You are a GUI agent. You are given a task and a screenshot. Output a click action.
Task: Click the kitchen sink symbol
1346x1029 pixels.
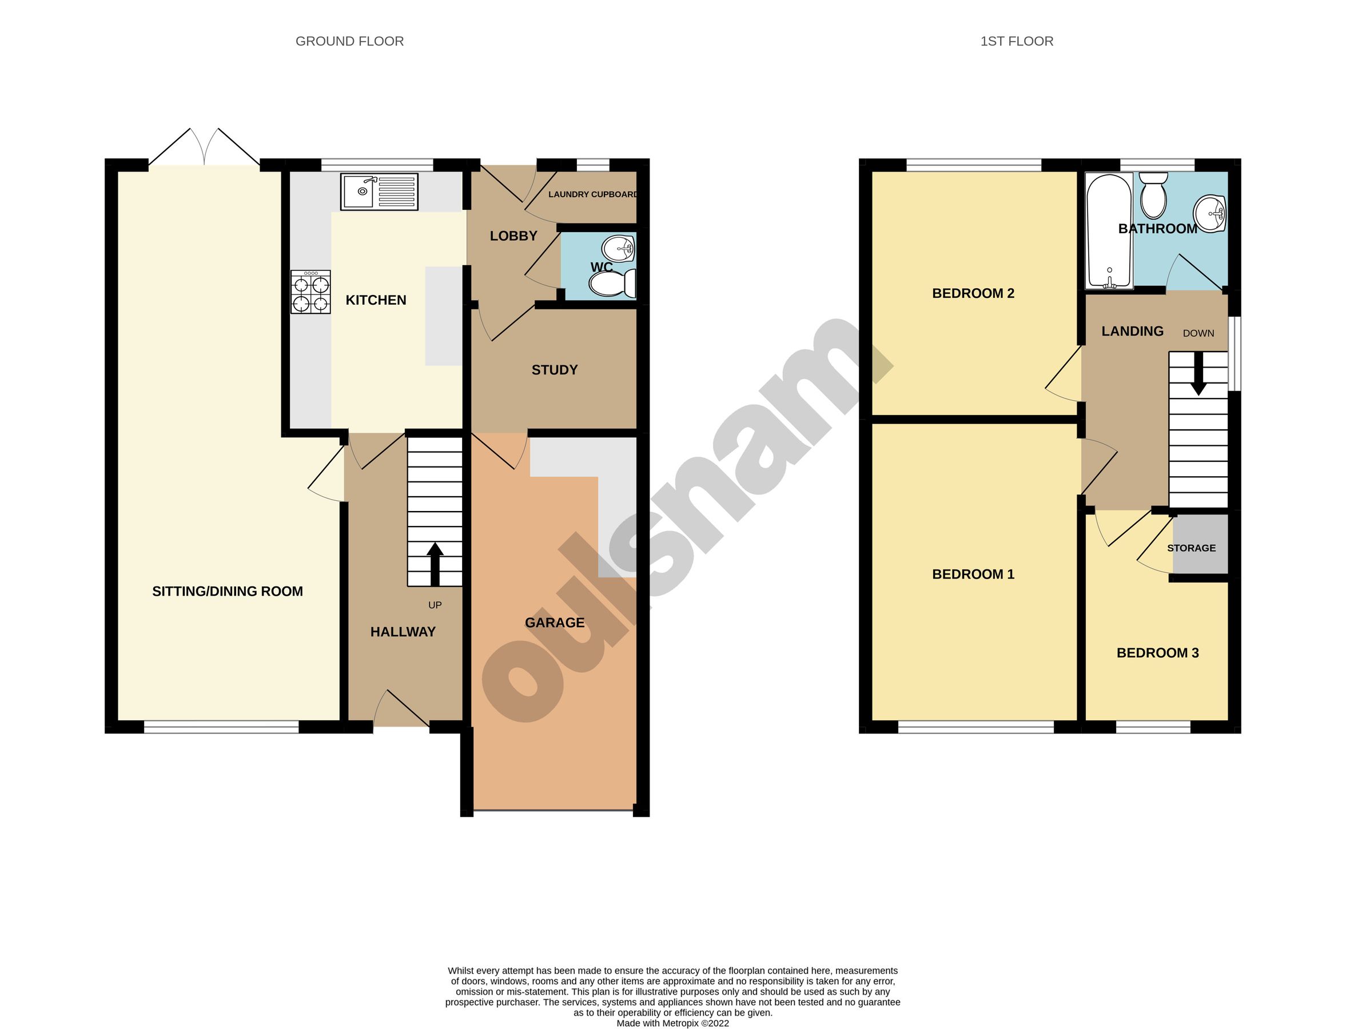point(380,191)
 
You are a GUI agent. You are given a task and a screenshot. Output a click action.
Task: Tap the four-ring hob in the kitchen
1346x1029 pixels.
point(310,293)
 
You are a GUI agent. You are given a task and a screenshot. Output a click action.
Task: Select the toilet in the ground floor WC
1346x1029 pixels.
point(611,284)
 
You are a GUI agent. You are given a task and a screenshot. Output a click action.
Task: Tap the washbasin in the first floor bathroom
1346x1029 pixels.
point(1210,214)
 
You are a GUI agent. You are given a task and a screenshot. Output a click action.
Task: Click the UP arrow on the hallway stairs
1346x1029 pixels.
point(435,564)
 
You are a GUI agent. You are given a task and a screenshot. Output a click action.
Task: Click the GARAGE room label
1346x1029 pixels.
point(555,623)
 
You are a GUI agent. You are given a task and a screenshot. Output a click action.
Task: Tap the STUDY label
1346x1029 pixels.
point(555,370)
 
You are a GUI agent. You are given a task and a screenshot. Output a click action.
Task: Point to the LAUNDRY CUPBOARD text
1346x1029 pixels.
point(592,194)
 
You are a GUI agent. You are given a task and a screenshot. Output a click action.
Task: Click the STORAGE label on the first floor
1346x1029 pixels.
point(1191,548)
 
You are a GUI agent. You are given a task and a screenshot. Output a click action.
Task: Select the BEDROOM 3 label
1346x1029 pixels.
point(1157,653)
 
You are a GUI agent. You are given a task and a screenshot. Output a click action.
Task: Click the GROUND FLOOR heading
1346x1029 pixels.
point(349,41)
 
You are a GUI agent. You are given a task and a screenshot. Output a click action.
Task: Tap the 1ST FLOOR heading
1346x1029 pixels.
point(1017,41)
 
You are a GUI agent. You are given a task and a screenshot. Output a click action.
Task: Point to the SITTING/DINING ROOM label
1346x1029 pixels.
point(228,592)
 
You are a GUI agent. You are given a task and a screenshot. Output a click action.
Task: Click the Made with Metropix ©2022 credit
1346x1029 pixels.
point(672,1023)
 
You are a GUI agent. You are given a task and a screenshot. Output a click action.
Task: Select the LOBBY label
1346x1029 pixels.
point(513,236)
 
